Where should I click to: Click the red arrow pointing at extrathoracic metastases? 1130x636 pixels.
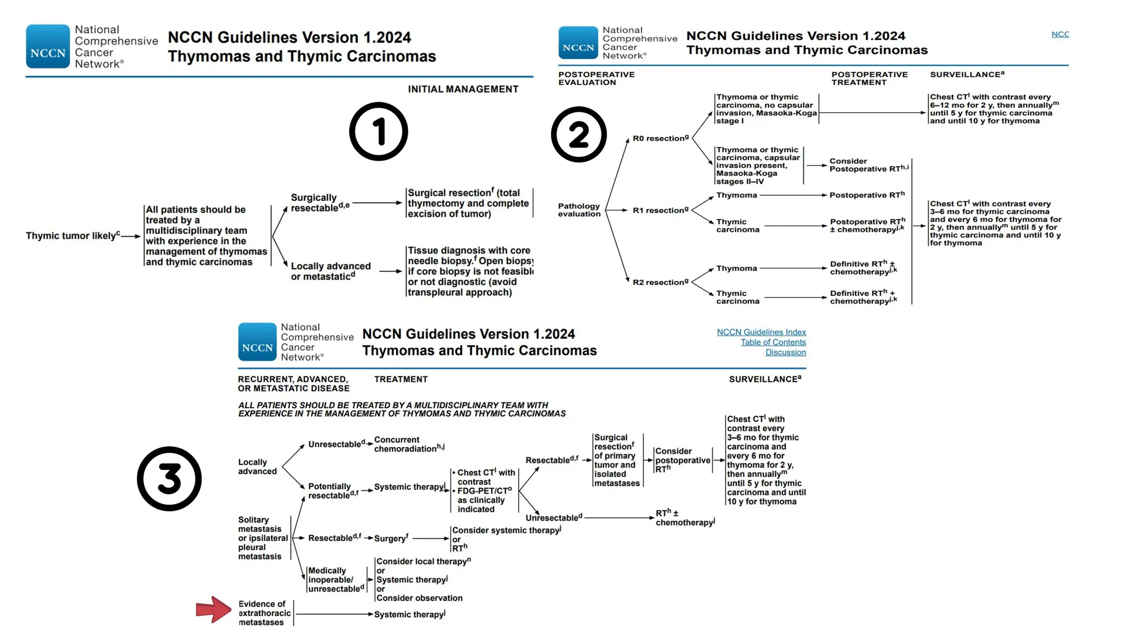pyautogui.click(x=214, y=609)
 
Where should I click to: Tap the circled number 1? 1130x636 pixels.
pyautogui.click(x=379, y=131)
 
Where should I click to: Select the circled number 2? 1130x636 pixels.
pyautogui.click(x=579, y=135)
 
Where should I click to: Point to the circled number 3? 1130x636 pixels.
pyautogui.click(x=169, y=478)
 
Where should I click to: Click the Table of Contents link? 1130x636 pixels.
pyautogui.click(x=773, y=342)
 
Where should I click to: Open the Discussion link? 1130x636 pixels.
pyautogui.click(x=785, y=352)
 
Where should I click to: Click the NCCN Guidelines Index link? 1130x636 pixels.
pyautogui.click(x=761, y=332)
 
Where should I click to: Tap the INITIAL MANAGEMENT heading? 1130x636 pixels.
pyautogui.click(x=463, y=89)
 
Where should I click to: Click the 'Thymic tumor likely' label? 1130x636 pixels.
pyautogui.click(x=72, y=236)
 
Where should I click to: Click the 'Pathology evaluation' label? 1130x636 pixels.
pyautogui.click(x=579, y=210)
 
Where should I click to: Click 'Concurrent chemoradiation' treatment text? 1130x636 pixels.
pyautogui.click(x=408, y=444)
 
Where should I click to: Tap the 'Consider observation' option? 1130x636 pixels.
pyautogui.click(x=419, y=598)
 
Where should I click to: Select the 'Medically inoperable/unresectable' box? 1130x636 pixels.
pyautogui.click(x=335, y=580)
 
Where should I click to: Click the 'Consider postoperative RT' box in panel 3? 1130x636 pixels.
pyautogui.click(x=682, y=460)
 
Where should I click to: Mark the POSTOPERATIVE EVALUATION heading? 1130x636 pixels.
pyautogui.click(x=596, y=78)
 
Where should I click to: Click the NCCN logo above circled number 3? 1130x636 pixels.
pyautogui.click(x=257, y=342)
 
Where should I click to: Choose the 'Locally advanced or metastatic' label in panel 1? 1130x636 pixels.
pyautogui.click(x=330, y=271)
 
